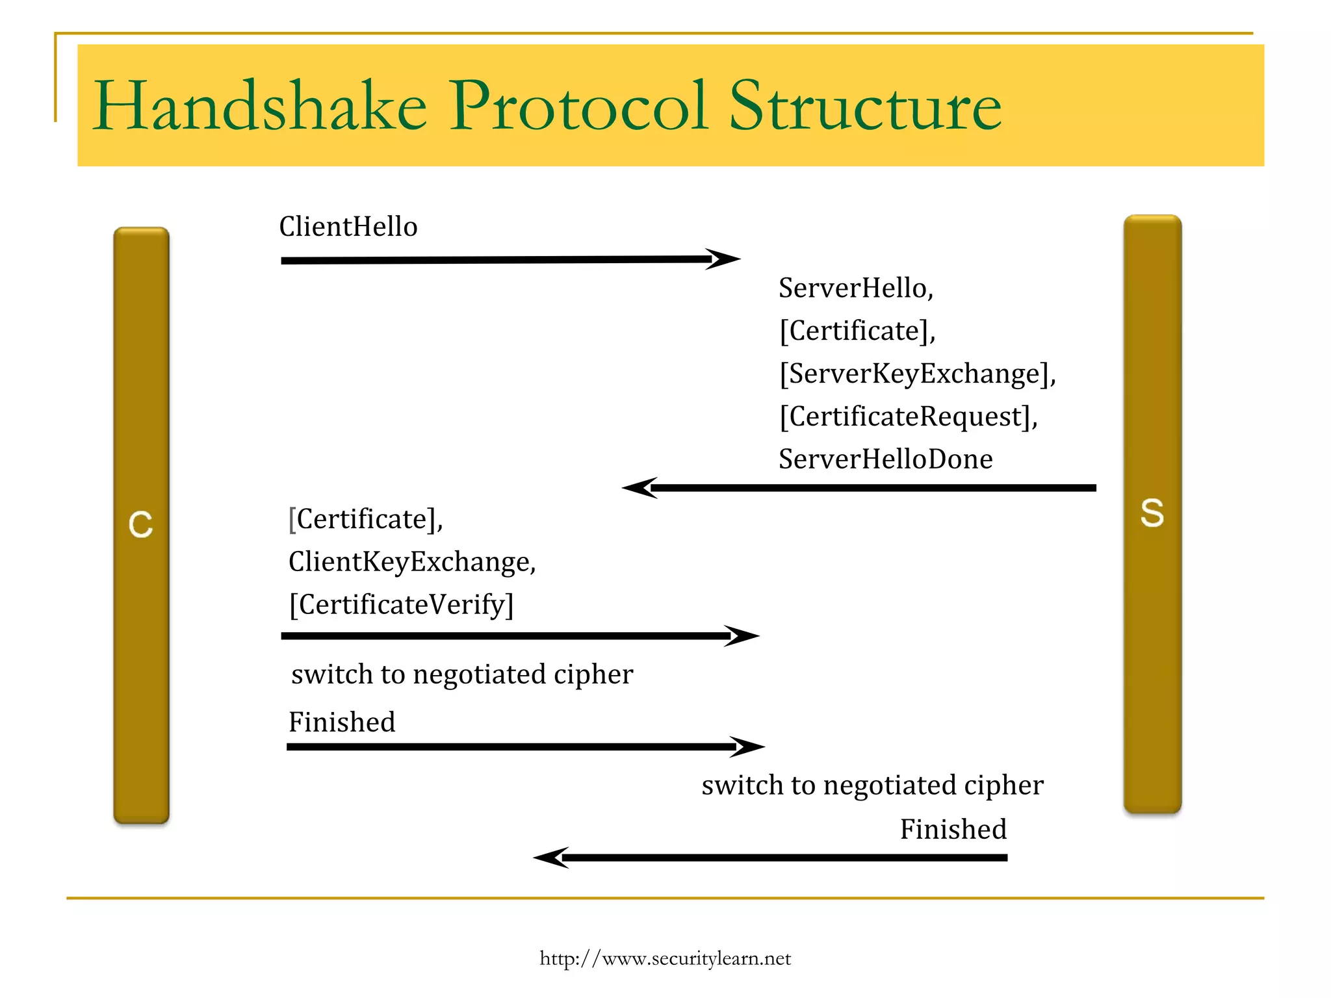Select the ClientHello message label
pyautogui.click(x=348, y=227)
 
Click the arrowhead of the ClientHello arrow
pyautogui.click(x=725, y=259)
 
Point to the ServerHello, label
pyautogui.click(x=856, y=288)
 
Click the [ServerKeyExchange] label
pyautogui.click(x=917, y=374)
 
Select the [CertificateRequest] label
pyautogui.click(x=908, y=416)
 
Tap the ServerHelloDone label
pyautogui.click(x=885, y=459)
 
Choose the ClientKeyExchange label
pyautogui.click(x=412, y=562)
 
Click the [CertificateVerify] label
pyautogui.click(x=401, y=605)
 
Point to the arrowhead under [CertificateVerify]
pyautogui.click(x=743, y=635)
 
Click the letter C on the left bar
pyautogui.click(x=141, y=524)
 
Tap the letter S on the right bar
pyautogui.click(x=1152, y=513)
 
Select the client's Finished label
pyautogui.click(x=342, y=723)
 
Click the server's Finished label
pyautogui.click(x=953, y=830)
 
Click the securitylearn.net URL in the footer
pyautogui.click(x=665, y=958)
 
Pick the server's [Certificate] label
pyautogui.click(x=857, y=331)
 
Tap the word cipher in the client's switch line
pyautogui.click(x=593, y=674)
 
